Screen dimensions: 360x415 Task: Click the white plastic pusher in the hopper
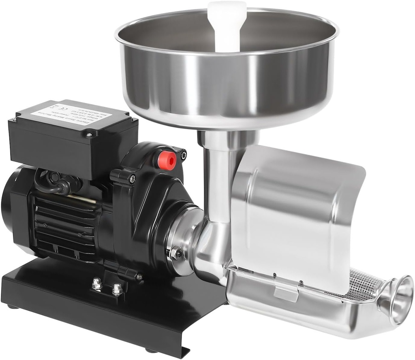click(x=227, y=24)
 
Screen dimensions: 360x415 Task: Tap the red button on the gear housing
click(x=167, y=160)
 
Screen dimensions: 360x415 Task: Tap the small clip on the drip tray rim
click(x=285, y=290)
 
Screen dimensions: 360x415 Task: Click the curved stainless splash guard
click(x=296, y=211)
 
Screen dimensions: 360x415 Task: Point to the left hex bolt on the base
click(x=96, y=284)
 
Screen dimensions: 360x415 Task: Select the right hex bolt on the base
click(x=117, y=288)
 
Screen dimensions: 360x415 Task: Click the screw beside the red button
click(x=183, y=154)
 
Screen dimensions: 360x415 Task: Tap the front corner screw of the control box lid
click(x=89, y=134)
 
